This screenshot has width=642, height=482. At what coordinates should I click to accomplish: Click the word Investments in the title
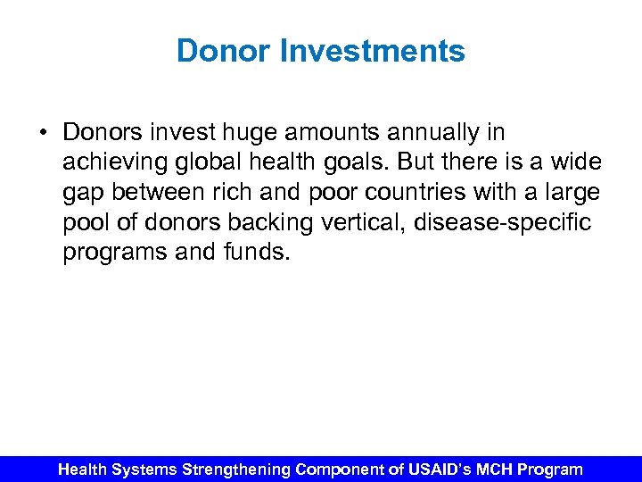pyautogui.click(x=373, y=51)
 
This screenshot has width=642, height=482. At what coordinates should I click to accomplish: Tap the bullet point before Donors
pyautogui.click(x=43, y=134)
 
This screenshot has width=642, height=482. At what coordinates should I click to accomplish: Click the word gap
pyautogui.click(x=83, y=193)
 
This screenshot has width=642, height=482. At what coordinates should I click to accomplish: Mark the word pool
pyautogui.click(x=83, y=222)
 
